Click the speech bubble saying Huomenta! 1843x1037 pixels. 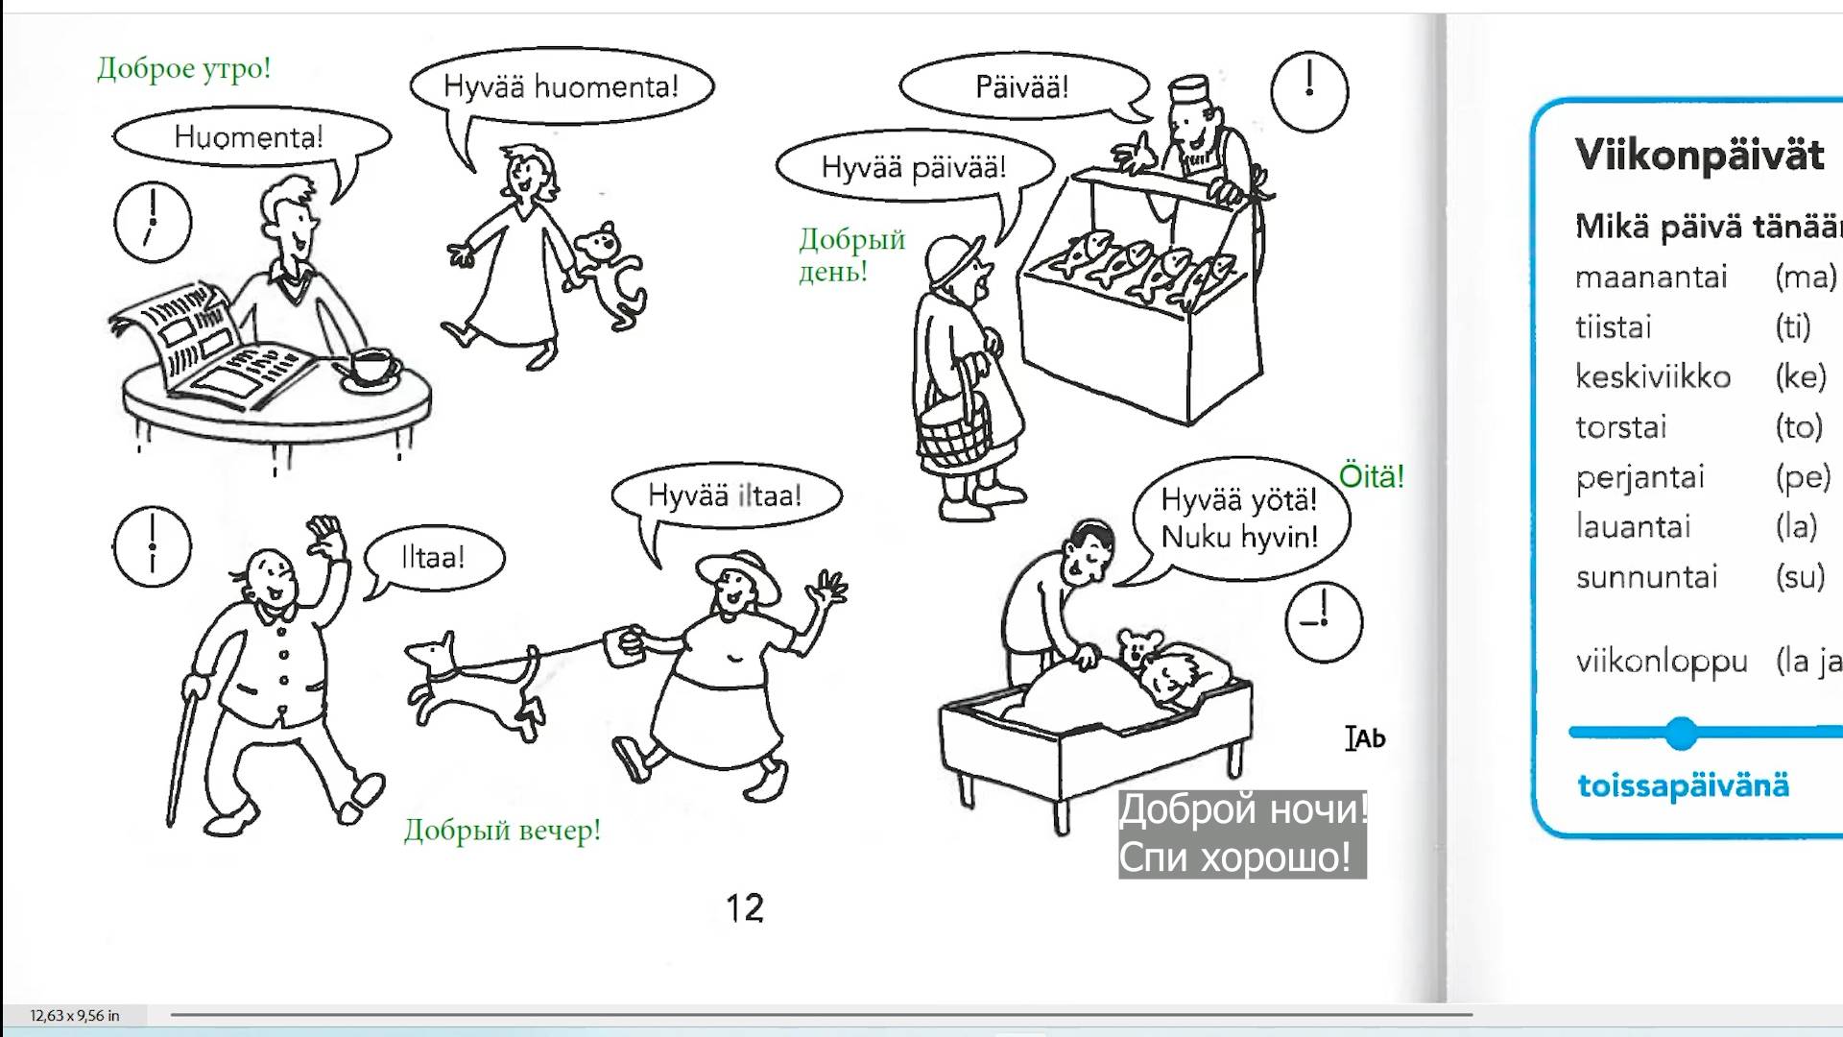coord(251,137)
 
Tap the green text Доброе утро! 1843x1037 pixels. coord(184,68)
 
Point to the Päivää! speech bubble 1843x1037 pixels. coord(1023,86)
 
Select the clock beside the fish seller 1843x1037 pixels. coord(1309,92)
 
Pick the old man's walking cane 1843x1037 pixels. coord(184,749)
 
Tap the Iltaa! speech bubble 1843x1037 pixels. coord(435,557)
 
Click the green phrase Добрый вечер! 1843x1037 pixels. coord(502,830)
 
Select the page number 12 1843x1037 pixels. coord(745,908)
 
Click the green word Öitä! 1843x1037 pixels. coord(1372,476)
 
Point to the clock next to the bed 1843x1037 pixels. coord(1324,622)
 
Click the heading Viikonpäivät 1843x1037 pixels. coord(1700,155)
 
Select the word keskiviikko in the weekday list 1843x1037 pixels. coord(1653,376)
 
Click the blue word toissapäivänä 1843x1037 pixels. coord(1684,785)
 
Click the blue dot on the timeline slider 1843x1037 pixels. coord(1681,733)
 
